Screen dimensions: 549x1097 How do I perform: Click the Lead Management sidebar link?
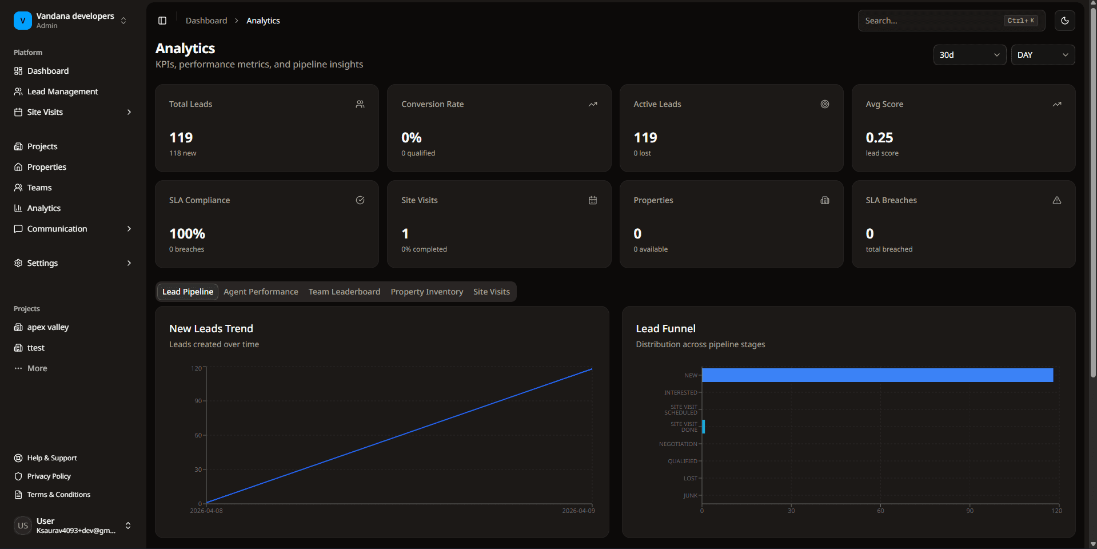coord(62,91)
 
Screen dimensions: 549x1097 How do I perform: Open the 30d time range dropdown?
coord(969,55)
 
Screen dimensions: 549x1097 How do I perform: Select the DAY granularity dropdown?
coord(1042,55)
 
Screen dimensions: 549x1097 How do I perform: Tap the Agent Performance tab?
coord(261,292)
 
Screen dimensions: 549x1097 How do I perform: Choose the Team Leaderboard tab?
coord(344,292)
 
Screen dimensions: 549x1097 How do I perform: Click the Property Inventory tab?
coord(426,292)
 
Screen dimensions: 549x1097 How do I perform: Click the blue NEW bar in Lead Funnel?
coord(877,375)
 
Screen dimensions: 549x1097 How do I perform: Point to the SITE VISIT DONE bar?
coord(703,427)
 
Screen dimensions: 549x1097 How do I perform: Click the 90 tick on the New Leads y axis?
coord(198,401)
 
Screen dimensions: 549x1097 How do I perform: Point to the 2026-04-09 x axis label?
coord(578,511)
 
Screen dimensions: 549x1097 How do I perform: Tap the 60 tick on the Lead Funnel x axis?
coord(880,511)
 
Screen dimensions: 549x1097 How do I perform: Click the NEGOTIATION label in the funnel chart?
coord(678,444)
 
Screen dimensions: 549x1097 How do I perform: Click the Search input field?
coord(932,21)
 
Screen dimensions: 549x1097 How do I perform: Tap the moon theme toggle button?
coord(1064,21)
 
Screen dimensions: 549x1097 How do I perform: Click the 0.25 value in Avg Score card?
coord(879,138)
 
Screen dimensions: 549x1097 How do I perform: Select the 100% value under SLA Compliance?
coord(187,234)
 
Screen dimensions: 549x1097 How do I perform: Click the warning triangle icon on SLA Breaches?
coord(1056,200)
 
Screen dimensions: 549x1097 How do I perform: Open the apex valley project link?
coord(48,327)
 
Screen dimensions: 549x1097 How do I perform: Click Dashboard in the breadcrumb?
coord(206,21)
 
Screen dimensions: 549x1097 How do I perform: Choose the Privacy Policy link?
coord(49,476)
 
